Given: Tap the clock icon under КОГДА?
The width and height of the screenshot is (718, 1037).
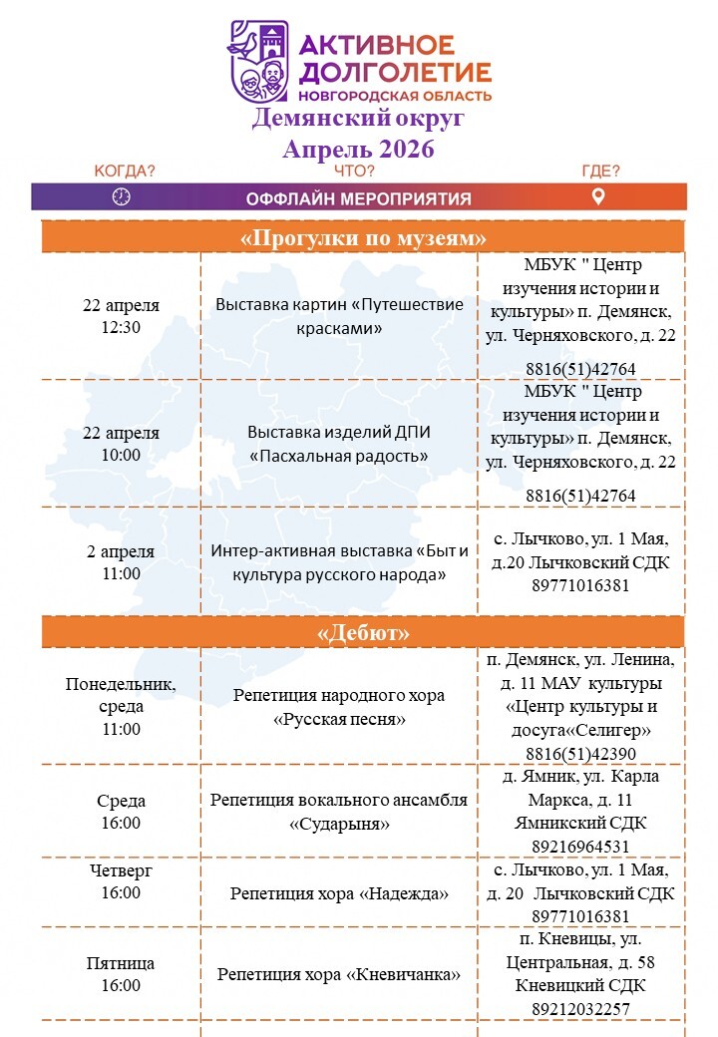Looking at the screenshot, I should [122, 196].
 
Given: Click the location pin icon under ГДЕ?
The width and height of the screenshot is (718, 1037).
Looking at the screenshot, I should [598, 196].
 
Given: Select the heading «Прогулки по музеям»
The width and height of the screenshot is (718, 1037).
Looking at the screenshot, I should [363, 238].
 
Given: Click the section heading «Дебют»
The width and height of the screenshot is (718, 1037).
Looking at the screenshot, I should [363, 633].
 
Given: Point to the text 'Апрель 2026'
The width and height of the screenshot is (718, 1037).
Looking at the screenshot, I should [358, 150].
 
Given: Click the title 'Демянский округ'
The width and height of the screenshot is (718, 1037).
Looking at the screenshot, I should [358, 120].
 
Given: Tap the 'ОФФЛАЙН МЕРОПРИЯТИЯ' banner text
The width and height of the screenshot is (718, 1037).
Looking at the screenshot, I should [358, 197].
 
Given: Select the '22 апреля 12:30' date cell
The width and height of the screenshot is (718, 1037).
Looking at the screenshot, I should [121, 316].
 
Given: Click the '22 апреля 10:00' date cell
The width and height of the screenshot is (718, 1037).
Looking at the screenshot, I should [121, 444].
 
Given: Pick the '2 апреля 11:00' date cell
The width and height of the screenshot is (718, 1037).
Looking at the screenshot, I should [121, 562].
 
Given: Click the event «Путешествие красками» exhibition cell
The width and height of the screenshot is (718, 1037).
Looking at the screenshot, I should [339, 316].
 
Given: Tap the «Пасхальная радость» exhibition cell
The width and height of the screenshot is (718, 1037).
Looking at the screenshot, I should [339, 444].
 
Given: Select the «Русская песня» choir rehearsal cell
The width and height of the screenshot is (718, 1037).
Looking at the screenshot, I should [339, 706].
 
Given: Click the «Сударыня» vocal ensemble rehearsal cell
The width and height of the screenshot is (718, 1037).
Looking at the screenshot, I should [339, 812].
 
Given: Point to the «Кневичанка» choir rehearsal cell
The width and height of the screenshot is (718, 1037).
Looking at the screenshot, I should [339, 974].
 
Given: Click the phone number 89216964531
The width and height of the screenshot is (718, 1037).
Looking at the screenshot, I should [580, 846].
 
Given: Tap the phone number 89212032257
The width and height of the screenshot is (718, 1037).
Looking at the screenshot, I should [580, 1008].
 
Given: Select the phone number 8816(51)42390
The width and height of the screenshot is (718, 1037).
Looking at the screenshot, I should [580, 754].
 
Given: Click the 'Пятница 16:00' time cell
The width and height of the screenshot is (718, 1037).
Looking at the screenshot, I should [121, 974].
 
